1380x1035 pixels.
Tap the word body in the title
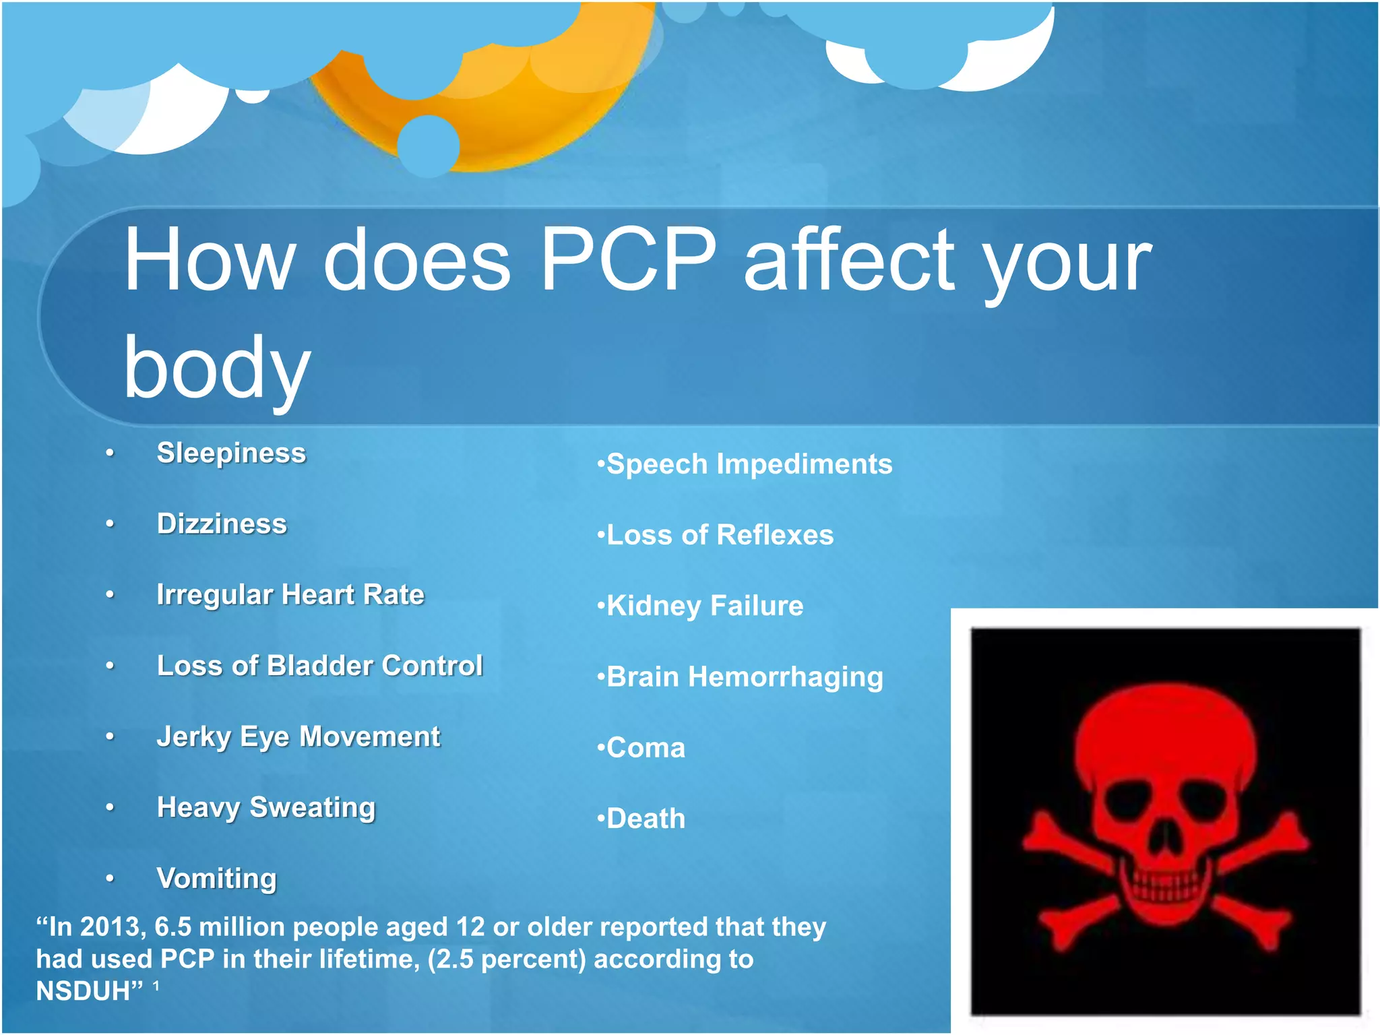217,368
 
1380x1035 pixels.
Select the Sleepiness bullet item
231,453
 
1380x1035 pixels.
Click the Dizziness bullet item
222,524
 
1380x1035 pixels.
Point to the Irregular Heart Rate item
290,594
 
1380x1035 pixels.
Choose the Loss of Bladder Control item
319,666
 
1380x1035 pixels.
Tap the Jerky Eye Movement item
298,736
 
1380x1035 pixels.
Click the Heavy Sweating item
265,807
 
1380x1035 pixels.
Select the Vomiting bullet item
216,878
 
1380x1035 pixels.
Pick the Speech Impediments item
749,464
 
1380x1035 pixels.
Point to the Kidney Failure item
705,606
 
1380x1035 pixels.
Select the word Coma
646,748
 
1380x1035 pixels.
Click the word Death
646,819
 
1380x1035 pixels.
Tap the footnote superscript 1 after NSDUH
156,986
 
